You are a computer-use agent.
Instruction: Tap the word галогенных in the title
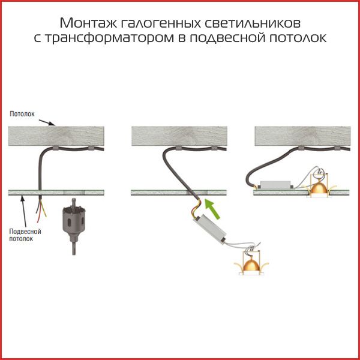[x=160, y=23]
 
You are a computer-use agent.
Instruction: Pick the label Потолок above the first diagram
[x=22, y=114]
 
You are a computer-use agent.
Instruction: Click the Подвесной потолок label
[x=25, y=235]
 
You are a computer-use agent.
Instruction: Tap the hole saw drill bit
[x=74, y=226]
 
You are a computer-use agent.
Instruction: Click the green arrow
[x=212, y=209]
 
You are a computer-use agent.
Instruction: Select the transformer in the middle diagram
[x=210, y=229]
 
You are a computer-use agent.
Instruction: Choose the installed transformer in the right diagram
[x=275, y=185]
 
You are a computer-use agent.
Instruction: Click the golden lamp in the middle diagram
[x=251, y=265]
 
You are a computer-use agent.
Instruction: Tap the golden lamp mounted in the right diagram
[x=319, y=187]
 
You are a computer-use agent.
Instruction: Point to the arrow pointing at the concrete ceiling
[x=47, y=122]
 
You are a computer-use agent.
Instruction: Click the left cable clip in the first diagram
[x=56, y=148]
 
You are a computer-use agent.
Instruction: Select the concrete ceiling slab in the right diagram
[x=302, y=136]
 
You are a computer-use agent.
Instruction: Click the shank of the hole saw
[x=74, y=247]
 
